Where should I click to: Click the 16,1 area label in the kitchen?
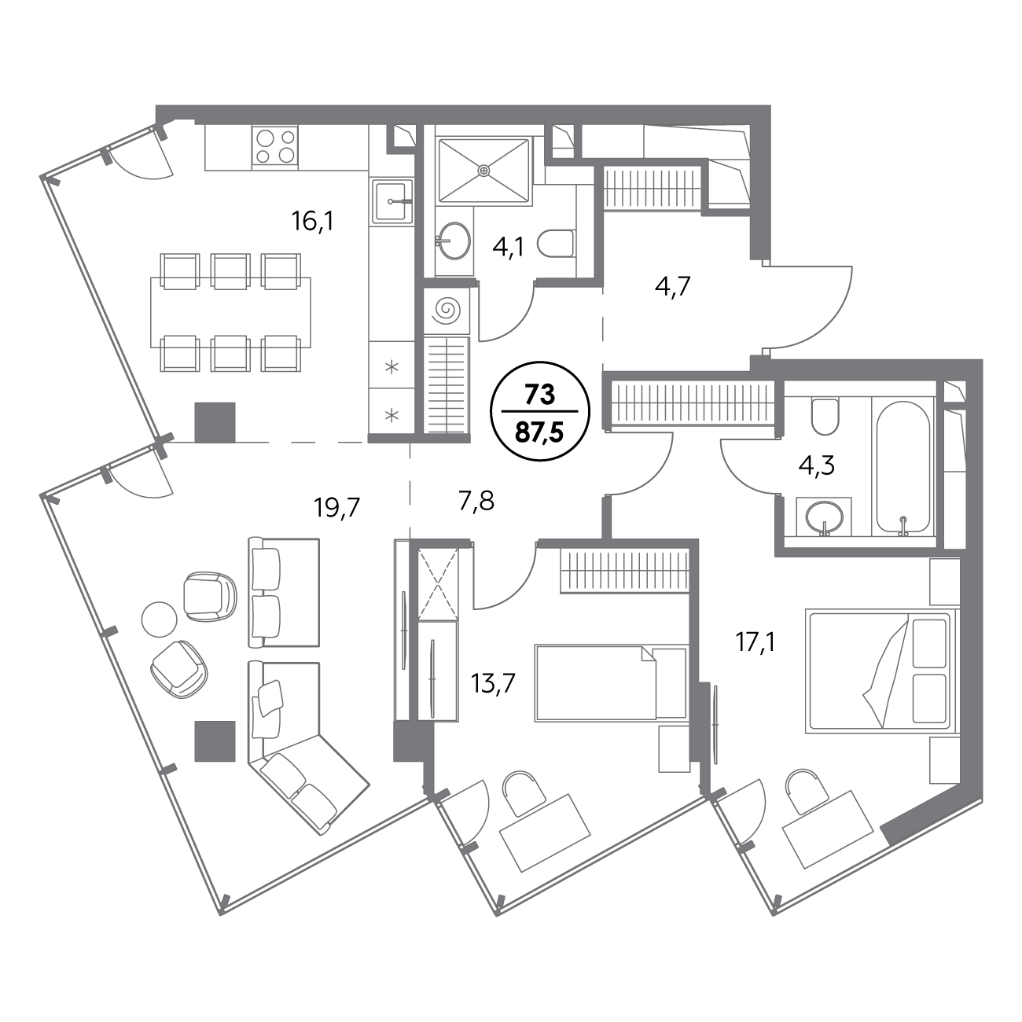point(312,221)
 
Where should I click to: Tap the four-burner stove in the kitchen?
point(274,146)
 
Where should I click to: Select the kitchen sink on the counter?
point(392,201)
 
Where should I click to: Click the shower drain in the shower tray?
point(483,171)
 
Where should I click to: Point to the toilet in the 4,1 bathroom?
point(556,245)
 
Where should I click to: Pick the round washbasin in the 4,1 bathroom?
point(452,241)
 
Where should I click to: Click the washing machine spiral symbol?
point(446,310)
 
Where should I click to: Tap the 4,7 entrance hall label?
point(672,288)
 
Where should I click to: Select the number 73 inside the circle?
point(540,395)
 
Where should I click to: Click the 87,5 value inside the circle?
point(540,432)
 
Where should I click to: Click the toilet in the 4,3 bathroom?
point(825,417)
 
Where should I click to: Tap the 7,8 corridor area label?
point(476,501)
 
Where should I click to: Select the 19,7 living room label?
point(336,508)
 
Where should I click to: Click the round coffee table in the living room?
point(159,620)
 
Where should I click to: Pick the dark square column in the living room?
point(215,741)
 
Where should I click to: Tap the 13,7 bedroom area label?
point(493,683)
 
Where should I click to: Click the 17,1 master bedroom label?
point(755,644)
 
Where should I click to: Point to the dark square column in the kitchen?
point(215,422)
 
